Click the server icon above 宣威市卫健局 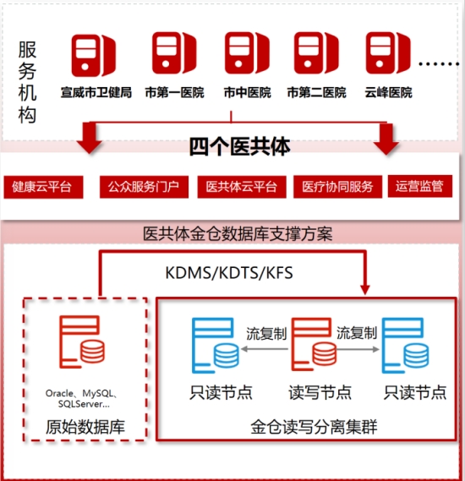tap(94, 55)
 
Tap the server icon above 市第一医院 tap(174, 53)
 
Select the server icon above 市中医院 tap(247, 53)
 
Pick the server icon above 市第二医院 tap(316, 53)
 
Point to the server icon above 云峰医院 tap(388, 53)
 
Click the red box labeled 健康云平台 tap(43, 187)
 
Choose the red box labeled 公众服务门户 tap(144, 187)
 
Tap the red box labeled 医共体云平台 tap(242, 187)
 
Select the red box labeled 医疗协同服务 tap(337, 187)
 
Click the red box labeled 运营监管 tap(420, 186)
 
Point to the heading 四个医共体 tap(239, 146)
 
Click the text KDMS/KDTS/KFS tap(229, 273)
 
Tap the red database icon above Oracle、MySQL tap(82, 342)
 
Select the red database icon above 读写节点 tap(314, 344)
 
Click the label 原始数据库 tap(85, 427)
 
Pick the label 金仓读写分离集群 tap(314, 427)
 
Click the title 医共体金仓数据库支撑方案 tap(238, 234)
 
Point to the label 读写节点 tap(320, 392)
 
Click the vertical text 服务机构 tap(27, 82)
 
